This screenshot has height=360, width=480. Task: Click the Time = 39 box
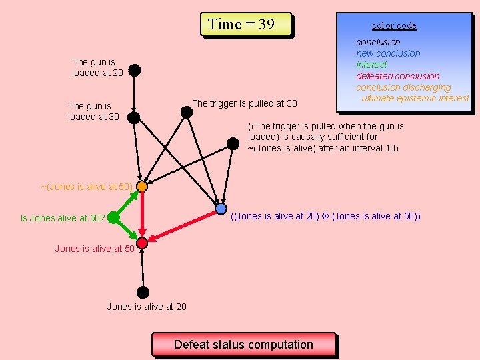(x=246, y=25)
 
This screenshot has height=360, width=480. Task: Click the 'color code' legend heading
(x=394, y=25)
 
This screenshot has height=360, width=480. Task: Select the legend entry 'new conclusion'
(x=388, y=53)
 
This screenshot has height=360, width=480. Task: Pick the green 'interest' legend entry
(x=371, y=65)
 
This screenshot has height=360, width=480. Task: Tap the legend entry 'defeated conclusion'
(x=397, y=76)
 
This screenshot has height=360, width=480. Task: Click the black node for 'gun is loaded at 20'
(x=135, y=69)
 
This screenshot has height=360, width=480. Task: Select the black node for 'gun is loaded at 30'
(x=134, y=117)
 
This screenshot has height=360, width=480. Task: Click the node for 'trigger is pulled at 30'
(x=187, y=112)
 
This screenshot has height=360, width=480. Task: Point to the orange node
(x=142, y=187)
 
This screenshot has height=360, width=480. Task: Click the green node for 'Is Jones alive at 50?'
(x=113, y=217)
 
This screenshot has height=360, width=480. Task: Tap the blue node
(x=221, y=209)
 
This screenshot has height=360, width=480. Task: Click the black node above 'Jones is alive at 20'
(x=143, y=292)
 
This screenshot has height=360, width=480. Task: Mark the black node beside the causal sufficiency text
(x=233, y=143)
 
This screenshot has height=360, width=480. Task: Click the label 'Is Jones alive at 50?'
(x=63, y=218)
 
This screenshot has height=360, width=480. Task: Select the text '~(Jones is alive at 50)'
(x=87, y=187)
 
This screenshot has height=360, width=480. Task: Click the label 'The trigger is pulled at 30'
(x=245, y=103)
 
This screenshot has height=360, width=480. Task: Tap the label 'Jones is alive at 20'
(x=147, y=307)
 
